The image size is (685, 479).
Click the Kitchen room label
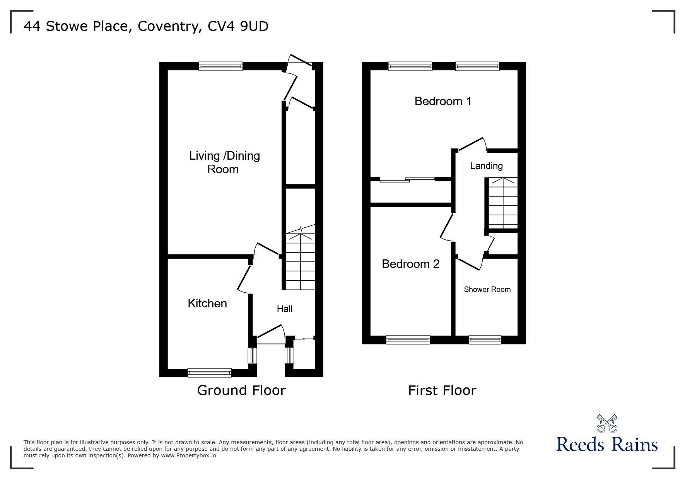[x=207, y=303]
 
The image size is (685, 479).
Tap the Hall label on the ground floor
[x=285, y=309]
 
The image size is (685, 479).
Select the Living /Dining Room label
[x=224, y=162]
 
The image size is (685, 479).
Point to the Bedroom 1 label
[x=443, y=101]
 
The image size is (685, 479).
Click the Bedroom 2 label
[x=410, y=264]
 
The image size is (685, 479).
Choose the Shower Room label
[x=487, y=290]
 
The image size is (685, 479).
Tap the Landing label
[x=486, y=166]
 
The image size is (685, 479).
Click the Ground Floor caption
[x=241, y=390]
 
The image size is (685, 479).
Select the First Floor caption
[x=442, y=390]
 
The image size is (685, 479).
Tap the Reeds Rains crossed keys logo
[x=607, y=424]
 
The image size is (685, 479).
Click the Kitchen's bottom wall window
[x=209, y=373]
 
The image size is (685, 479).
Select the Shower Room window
[x=485, y=340]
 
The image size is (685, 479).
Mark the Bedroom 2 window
[x=408, y=339]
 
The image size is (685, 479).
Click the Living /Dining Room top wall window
[x=221, y=66]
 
